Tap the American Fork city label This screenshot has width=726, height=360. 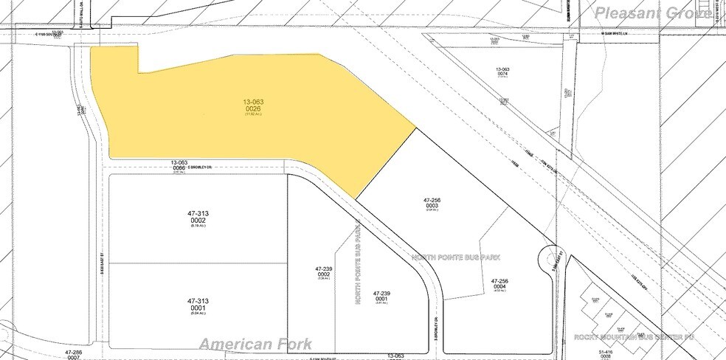tap(255, 344)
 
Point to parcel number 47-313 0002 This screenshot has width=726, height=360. tap(197, 218)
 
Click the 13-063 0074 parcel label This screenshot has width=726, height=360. tap(503, 73)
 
